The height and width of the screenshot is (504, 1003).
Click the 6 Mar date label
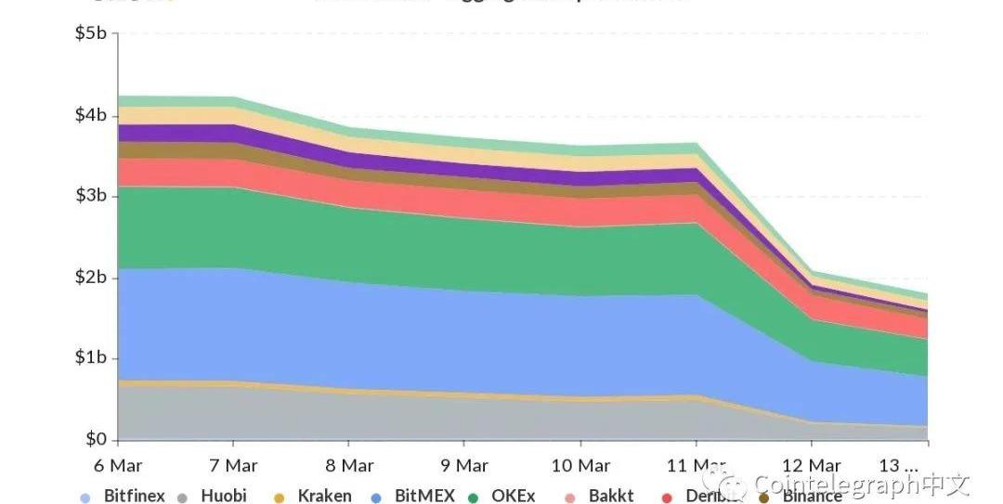coord(117,465)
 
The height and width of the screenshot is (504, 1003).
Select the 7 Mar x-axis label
coord(232,465)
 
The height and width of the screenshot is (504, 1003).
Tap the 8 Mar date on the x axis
coord(348,465)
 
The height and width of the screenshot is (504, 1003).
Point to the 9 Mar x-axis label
coord(463,465)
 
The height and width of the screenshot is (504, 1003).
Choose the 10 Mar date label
coord(580,465)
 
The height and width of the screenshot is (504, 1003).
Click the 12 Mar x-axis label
coord(811,465)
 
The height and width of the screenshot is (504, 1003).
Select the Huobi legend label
coord(224,496)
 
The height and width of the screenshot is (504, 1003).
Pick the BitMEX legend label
coord(424,496)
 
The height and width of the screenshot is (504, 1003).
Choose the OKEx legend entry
coord(514,496)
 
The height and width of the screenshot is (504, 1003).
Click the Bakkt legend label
coord(611,496)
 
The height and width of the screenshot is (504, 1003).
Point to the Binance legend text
coord(813,497)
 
